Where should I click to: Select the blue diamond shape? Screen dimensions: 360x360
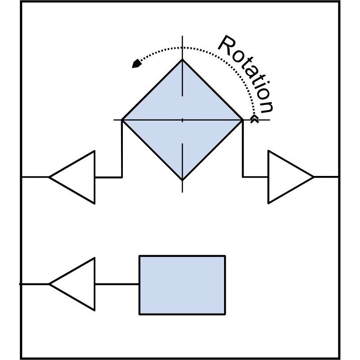182,120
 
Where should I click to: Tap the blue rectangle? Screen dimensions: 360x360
182,285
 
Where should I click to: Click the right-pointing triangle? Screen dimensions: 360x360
291,177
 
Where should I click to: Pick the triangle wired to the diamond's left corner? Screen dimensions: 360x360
72,177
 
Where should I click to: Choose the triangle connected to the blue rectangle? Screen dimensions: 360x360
72,284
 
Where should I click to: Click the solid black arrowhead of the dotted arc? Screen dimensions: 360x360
137,63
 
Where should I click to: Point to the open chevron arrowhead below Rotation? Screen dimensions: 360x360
254,119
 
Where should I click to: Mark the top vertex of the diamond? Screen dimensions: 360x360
182,59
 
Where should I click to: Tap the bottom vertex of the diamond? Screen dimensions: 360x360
182,180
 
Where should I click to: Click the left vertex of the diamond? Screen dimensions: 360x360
122,120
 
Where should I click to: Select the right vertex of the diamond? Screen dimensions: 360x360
243,120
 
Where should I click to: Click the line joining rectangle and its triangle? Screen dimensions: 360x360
117,284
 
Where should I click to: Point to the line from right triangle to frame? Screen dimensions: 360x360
326,177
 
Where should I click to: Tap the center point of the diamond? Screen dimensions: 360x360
182,120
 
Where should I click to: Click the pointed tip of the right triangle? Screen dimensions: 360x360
314,177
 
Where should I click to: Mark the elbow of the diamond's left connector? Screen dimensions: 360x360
121,177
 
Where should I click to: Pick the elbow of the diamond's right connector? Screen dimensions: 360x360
243,177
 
